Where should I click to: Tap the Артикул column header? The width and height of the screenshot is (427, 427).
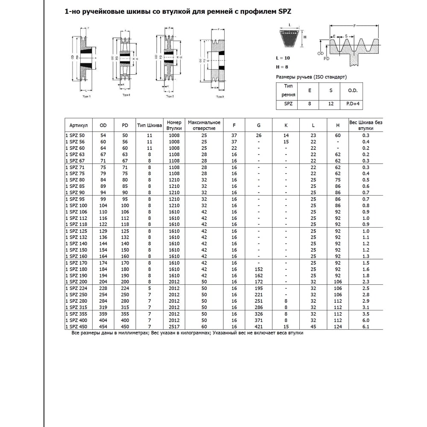click(x=79, y=125)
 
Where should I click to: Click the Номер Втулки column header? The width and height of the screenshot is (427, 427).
click(x=174, y=125)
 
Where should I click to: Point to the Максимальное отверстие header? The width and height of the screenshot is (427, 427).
click(x=204, y=125)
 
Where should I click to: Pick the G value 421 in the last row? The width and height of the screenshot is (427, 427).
click(x=259, y=327)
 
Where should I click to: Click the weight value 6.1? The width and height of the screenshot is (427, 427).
click(x=366, y=327)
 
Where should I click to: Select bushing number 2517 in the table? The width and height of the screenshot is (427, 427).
click(x=174, y=327)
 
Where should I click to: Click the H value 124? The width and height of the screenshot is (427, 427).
click(x=338, y=327)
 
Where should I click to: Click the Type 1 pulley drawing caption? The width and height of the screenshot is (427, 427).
click(x=87, y=97)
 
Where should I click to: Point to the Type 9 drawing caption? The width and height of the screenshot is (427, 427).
click(x=220, y=97)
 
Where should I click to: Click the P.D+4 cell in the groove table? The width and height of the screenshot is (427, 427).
click(x=352, y=104)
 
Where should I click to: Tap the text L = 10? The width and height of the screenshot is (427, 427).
click(x=284, y=57)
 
